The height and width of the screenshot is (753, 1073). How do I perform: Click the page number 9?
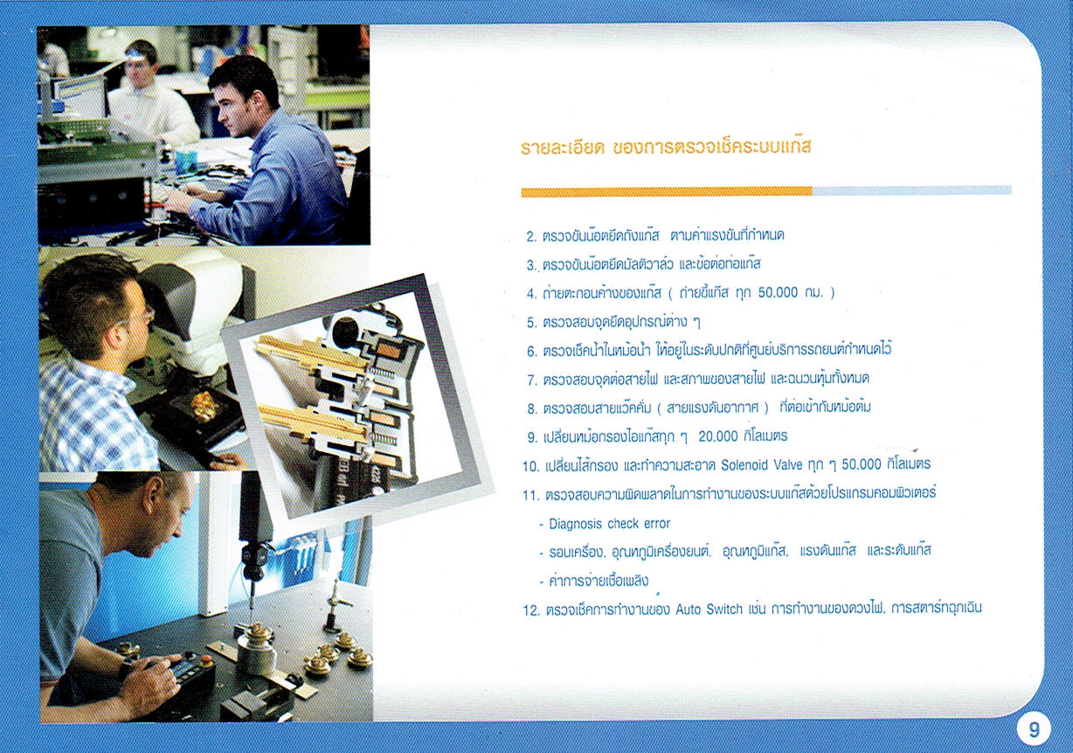coord(1034,730)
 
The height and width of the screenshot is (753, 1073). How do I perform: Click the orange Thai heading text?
coord(666,147)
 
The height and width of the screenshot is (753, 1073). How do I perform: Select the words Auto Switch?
coord(709,610)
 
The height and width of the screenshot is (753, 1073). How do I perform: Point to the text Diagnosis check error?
coord(609,523)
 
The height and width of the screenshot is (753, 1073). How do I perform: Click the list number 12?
coord(531,610)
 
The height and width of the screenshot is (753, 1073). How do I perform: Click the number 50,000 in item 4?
coord(778,292)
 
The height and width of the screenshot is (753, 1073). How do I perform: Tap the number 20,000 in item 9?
coord(717,436)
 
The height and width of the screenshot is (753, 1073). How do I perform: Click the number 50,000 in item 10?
coord(862,464)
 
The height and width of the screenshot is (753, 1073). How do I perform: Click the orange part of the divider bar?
coord(667,192)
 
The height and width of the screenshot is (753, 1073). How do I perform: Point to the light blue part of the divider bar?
coord(911,191)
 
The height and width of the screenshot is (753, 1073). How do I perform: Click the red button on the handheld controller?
coord(207,660)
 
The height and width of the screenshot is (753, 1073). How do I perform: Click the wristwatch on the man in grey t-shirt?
coord(126,667)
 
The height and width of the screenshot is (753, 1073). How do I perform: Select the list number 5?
coord(531,323)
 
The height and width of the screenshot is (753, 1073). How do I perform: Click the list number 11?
coord(531,495)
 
